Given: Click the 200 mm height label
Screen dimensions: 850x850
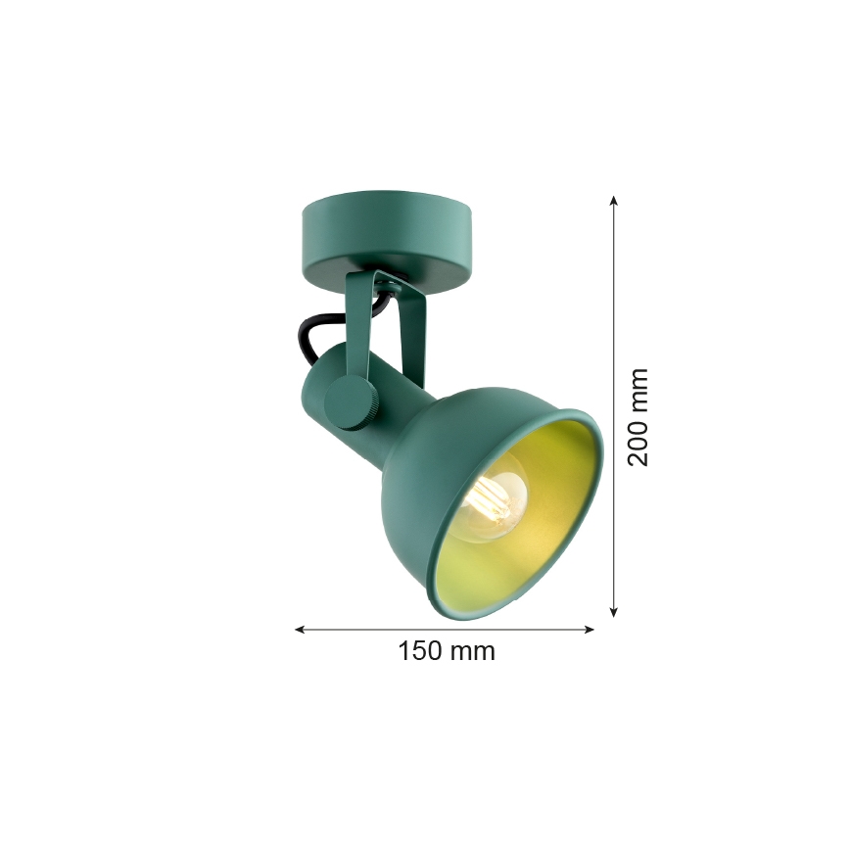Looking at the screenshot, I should pyautogui.click(x=637, y=417).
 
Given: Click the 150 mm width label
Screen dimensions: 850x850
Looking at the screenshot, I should pyautogui.click(x=447, y=651).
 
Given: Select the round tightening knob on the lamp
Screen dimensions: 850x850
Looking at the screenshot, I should pyautogui.click(x=350, y=402).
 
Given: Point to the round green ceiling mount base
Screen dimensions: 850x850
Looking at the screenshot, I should pyautogui.click(x=388, y=241).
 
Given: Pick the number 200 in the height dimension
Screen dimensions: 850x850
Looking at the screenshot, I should pyautogui.click(x=637, y=444).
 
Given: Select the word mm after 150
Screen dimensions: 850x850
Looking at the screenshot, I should pyautogui.click(x=473, y=651).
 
